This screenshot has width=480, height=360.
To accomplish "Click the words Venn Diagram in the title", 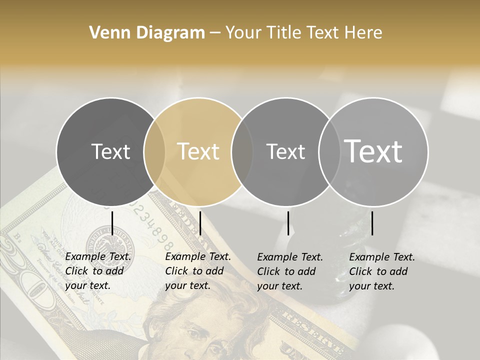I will [x=146, y=33].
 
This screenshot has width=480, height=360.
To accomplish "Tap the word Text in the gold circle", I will [x=198, y=151].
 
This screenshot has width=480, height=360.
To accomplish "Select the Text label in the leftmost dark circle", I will [x=110, y=151].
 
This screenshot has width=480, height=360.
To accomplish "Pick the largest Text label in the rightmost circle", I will [x=373, y=151].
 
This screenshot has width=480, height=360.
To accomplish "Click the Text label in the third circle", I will [x=285, y=151].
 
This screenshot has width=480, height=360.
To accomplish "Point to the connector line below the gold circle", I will [x=200, y=223].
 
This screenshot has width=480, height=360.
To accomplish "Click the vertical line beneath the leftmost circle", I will [x=112, y=223].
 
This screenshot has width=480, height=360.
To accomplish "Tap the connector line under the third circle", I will [x=288, y=223].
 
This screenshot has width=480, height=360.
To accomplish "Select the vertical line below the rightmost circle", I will [x=372, y=223].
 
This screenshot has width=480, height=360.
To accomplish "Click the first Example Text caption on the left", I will [x=98, y=271].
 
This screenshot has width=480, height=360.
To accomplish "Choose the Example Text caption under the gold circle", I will [x=198, y=271].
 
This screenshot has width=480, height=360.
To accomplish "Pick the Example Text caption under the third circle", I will [x=290, y=271].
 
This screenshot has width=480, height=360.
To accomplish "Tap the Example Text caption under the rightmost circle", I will [x=382, y=271].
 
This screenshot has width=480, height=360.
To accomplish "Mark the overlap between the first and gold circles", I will [x=154, y=151].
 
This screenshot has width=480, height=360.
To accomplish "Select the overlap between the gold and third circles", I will [x=242, y=151].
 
